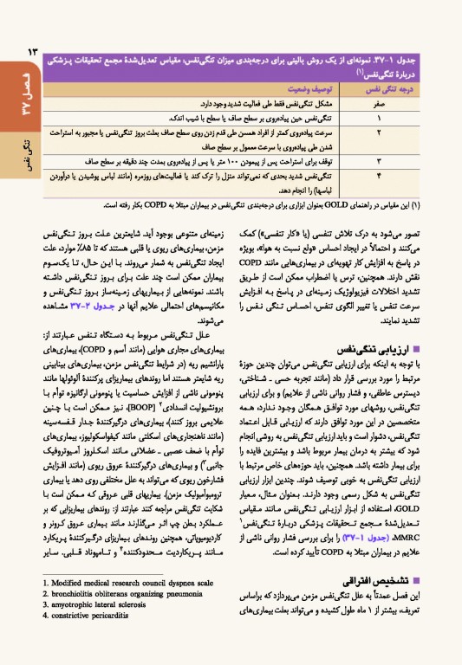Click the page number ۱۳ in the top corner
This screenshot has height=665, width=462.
click(x=22, y=53)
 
